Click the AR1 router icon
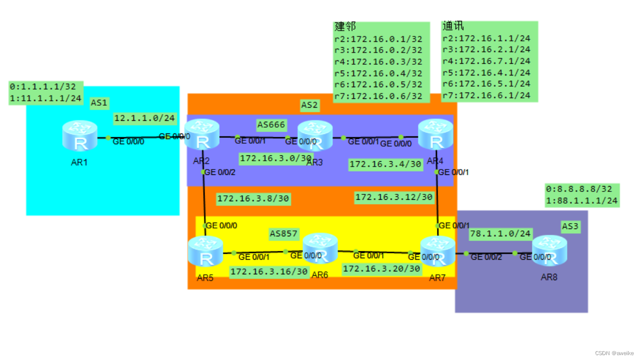coord(80,136)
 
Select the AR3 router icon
coord(315,136)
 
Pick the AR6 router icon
coord(320,248)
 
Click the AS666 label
coord(271,125)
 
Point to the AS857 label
coord(283,234)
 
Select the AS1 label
coord(99,103)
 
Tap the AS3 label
coord(570,226)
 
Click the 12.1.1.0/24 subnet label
coord(144,118)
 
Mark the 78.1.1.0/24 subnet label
coord(500,234)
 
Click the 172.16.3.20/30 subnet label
coord(381,268)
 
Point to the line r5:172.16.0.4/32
coord(378,73)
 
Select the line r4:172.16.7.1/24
coord(486,61)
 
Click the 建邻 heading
coord(345,27)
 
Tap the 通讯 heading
coord(453,26)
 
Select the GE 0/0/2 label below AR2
coord(220,172)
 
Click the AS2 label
coord(309,105)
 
